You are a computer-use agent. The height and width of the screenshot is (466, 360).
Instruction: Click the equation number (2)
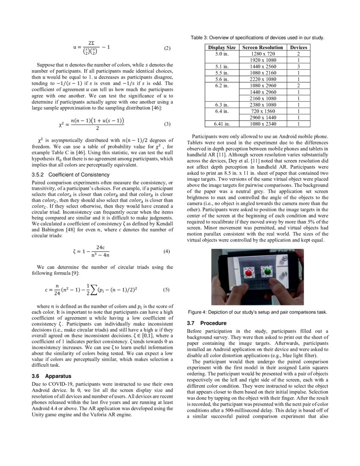pos(167,48)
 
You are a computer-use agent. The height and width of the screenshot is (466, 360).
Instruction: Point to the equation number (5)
pos(166,290)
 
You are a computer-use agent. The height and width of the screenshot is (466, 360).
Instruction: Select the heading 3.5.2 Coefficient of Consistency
pos(71,175)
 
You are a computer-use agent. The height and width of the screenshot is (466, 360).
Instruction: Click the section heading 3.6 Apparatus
pos(52,376)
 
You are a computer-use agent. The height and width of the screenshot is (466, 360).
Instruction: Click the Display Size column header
pos(222,47)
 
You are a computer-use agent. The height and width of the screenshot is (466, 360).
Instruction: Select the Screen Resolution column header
pos(263,47)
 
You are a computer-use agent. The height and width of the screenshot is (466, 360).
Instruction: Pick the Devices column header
pos(298,47)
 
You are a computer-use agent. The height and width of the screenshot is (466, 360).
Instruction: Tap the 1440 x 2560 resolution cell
pos(263,67)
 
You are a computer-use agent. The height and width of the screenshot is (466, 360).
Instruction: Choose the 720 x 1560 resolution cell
pos(263,111)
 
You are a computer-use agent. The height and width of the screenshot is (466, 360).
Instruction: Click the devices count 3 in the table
pos(298,67)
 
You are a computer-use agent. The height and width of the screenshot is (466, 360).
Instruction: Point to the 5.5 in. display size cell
pos(222,73)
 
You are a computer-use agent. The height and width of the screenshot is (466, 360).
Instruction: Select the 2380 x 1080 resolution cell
pos(263,105)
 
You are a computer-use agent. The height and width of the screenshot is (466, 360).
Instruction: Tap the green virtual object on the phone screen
pos(267,271)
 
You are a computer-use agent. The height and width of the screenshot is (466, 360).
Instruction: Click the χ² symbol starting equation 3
pos(62,125)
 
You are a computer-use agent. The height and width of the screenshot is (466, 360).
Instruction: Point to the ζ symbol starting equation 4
pos(75,251)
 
